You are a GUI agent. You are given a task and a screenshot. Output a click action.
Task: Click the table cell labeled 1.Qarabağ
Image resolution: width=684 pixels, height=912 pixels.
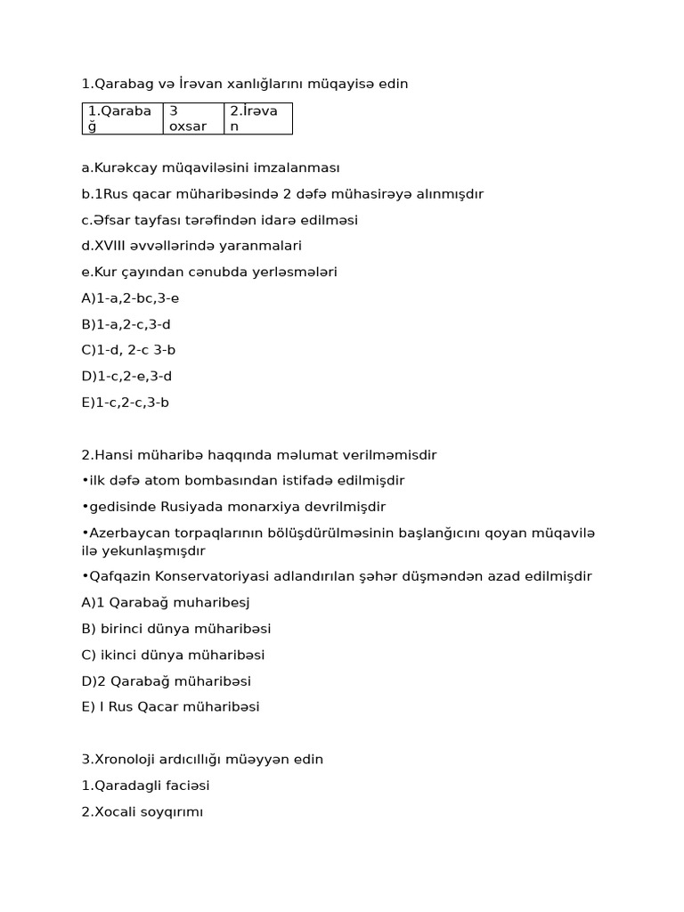point(122,118)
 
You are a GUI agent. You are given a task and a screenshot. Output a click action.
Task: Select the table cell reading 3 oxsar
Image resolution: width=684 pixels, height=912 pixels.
point(192,118)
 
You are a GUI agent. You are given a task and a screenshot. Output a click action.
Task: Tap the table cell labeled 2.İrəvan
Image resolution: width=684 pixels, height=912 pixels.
point(257,118)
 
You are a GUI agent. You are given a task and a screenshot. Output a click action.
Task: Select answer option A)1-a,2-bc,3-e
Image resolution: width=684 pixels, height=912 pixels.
point(130,298)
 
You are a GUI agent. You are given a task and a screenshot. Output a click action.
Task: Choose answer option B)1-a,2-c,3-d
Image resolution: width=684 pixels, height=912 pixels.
point(126,324)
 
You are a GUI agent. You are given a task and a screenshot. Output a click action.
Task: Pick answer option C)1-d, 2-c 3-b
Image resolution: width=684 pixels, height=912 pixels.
point(128,350)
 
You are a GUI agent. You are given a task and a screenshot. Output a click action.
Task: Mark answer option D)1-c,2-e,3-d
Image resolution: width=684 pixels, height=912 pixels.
point(126,376)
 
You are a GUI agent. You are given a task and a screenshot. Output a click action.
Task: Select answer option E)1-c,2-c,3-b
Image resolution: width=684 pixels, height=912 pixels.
point(126,403)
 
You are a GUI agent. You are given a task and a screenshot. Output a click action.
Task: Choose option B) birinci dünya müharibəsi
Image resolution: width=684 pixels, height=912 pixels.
point(176,629)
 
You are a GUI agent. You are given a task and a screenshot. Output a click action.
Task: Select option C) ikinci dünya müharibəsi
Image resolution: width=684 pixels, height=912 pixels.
point(173,655)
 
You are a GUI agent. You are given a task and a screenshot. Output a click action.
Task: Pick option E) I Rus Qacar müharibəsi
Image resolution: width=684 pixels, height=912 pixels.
point(170,707)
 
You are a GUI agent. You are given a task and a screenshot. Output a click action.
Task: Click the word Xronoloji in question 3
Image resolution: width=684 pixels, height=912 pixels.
point(125,760)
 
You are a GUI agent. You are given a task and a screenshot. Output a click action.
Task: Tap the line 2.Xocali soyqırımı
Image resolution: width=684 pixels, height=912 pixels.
point(142,812)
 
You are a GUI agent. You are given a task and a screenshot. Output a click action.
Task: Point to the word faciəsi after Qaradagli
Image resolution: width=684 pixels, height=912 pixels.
point(185,786)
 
